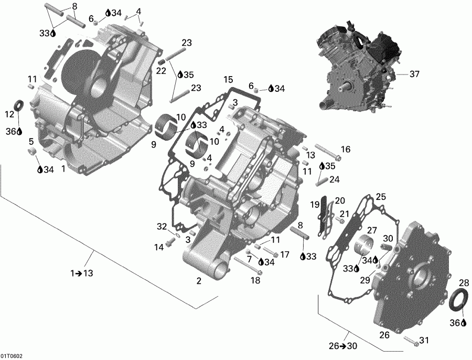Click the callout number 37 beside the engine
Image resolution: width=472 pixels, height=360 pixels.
(x=414, y=75)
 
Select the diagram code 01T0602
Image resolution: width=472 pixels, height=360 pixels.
(x=12, y=355)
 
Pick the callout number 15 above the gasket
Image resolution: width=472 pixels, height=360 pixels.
(x=228, y=80)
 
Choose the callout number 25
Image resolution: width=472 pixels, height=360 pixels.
(x=381, y=197)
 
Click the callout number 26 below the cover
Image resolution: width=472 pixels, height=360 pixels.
(x=384, y=335)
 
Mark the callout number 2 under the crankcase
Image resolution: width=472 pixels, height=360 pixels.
(x=199, y=281)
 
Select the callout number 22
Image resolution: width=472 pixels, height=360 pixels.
(x=161, y=71)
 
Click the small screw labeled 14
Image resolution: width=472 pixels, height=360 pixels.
(x=170, y=242)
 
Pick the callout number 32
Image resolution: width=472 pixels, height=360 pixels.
(x=162, y=226)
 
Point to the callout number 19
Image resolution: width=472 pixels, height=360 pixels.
(x=314, y=204)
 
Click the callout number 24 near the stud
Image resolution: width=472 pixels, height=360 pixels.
(x=334, y=179)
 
